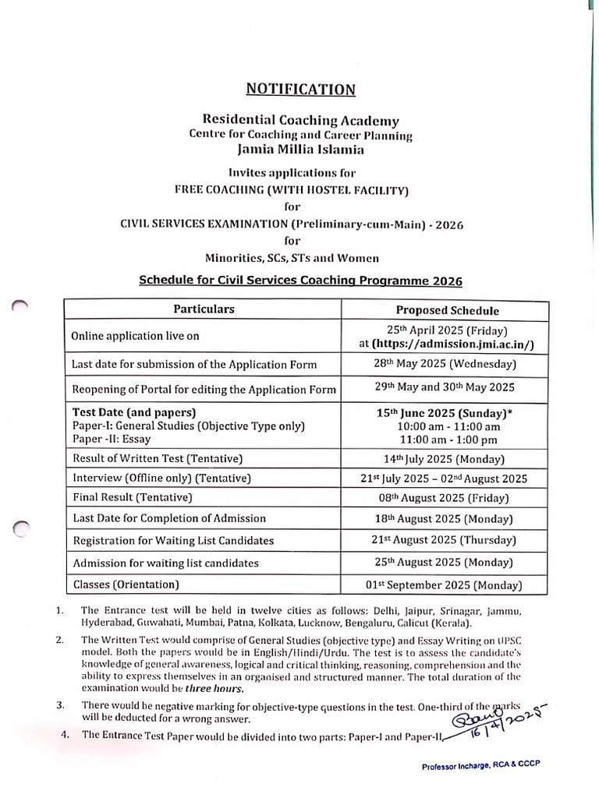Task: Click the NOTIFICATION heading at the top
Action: click(x=301, y=90)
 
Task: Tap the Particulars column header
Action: click(x=204, y=309)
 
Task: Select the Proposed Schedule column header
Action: click(x=447, y=310)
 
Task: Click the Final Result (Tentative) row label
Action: click(x=132, y=497)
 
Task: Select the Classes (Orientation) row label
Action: click(x=126, y=584)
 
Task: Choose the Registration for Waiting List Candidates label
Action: click(x=172, y=540)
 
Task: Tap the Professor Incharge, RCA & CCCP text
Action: click(x=480, y=766)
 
